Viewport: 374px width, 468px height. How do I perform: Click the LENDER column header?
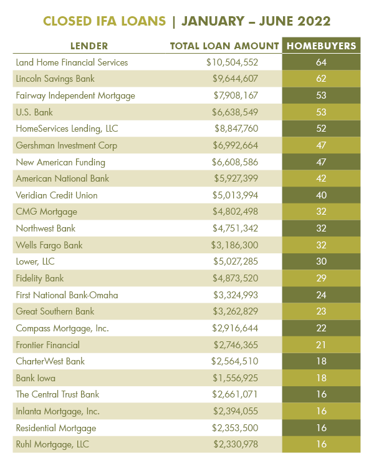pyautogui.click(x=89, y=46)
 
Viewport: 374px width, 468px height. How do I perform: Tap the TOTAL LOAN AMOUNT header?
pyautogui.click(x=224, y=46)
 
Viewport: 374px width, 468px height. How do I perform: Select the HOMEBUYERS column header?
pyautogui.click(x=321, y=46)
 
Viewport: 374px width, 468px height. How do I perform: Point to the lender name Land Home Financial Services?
pyautogui.click(x=72, y=62)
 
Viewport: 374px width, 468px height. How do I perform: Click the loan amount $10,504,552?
pyautogui.click(x=232, y=62)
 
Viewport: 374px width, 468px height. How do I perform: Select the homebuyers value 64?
pyautogui.click(x=321, y=62)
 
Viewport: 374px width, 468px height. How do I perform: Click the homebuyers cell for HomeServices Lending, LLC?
pyautogui.click(x=321, y=129)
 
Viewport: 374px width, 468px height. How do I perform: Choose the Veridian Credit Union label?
pyautogui.click(x=57, y=195)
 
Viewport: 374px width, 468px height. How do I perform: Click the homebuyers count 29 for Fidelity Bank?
pyautogui.click(x=321, y=278)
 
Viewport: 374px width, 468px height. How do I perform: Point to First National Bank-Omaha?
pyautogui.click(x=66, y=295)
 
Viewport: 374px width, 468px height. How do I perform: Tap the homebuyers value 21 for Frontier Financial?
pyautogui.click(x=321, y=344)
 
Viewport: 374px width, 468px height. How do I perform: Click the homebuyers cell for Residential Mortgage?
pyautogui.click(x=321, y=427)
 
